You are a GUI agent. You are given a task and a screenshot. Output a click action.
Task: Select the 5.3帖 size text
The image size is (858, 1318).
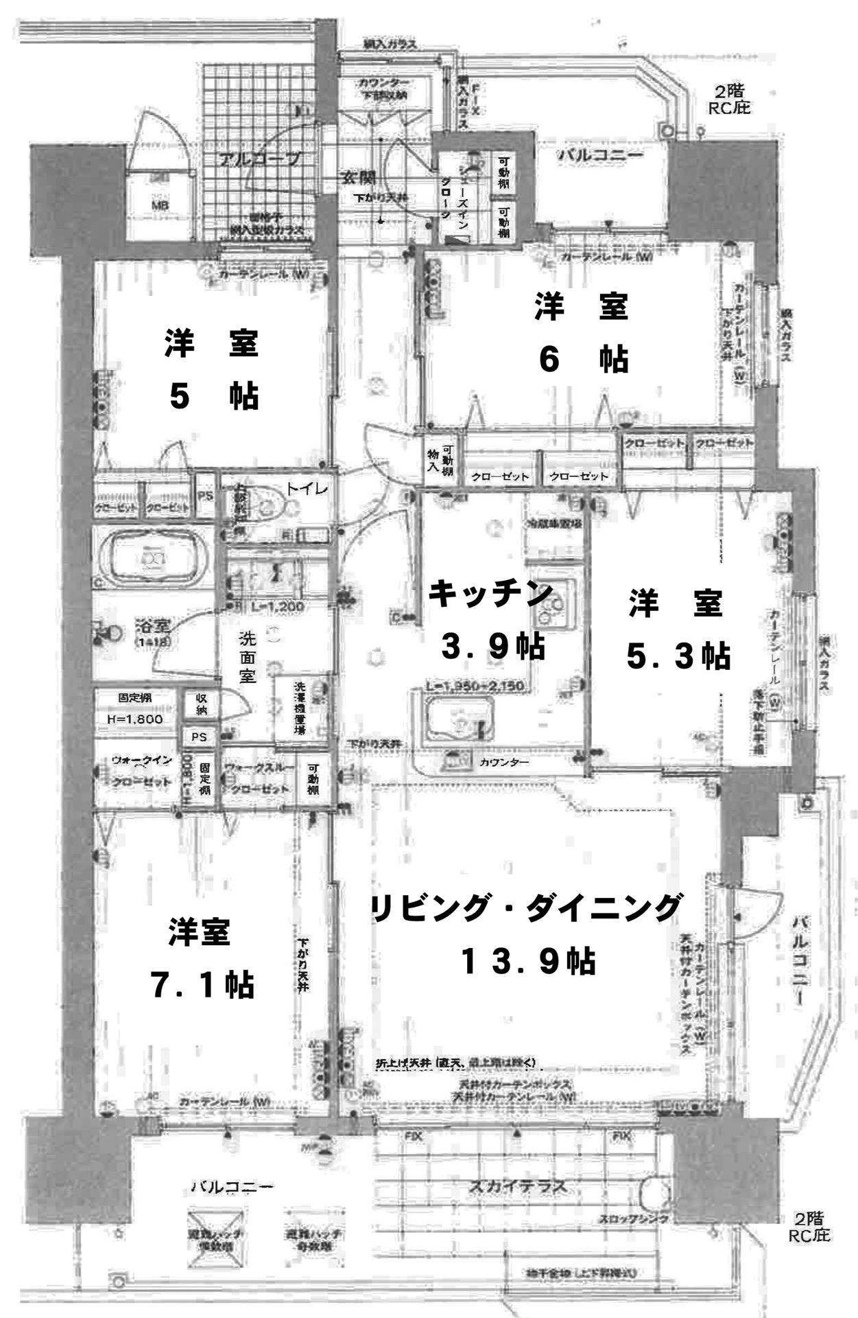[x=678, y=656]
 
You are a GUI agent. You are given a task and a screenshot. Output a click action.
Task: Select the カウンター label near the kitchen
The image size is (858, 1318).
[x=504, y=763]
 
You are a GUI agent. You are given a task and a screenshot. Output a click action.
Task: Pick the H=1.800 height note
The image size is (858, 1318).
[x=135, y=719]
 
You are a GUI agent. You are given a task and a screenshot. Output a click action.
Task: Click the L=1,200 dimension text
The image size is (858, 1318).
[x=278, y=607]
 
